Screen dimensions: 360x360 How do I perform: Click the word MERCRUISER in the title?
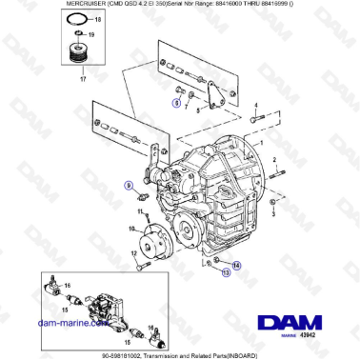(30, 6)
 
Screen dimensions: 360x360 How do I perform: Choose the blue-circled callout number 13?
(226, 272)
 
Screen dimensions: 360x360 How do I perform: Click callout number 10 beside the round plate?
(131, 230)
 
